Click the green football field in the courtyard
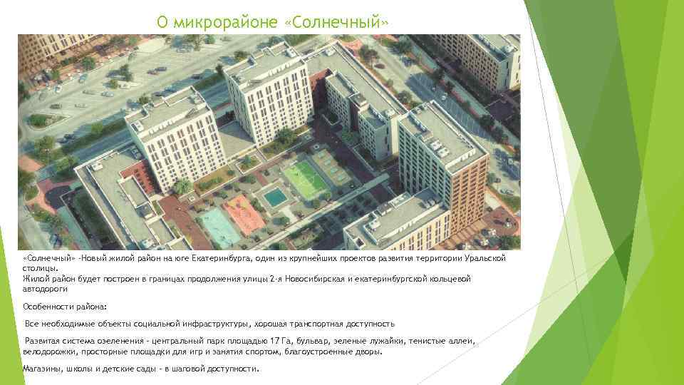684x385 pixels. coord(306,180)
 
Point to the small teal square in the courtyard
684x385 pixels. coord(273,196)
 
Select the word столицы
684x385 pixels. coord(38,268)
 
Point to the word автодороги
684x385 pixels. coord(45,289)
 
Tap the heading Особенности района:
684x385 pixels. coord(65,306)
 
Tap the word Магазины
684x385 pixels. coord(42,369)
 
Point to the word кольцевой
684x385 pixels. coord(450,279)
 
